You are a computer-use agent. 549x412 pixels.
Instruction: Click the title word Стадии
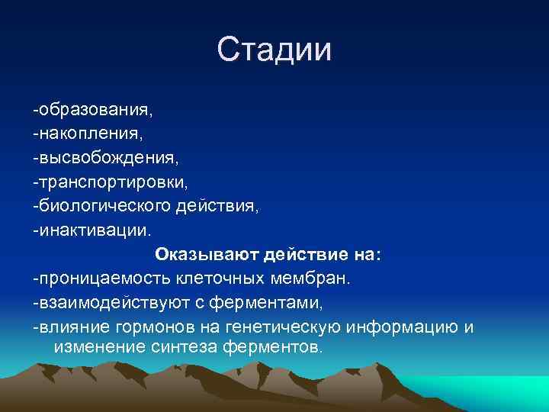pos(274,50)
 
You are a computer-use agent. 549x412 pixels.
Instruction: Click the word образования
pos(95,110)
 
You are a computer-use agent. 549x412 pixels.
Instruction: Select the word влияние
pos(72,327)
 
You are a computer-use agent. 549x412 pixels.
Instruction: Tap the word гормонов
pos(149,327)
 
